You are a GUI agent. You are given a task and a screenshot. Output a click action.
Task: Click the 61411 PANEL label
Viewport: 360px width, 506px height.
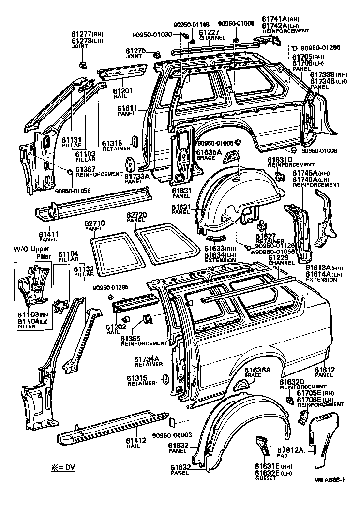(49, 237)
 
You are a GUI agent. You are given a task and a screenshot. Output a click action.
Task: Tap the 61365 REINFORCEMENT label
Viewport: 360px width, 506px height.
(144, 340)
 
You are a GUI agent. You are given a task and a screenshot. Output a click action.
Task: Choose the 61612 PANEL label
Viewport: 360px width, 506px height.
(325, 372)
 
